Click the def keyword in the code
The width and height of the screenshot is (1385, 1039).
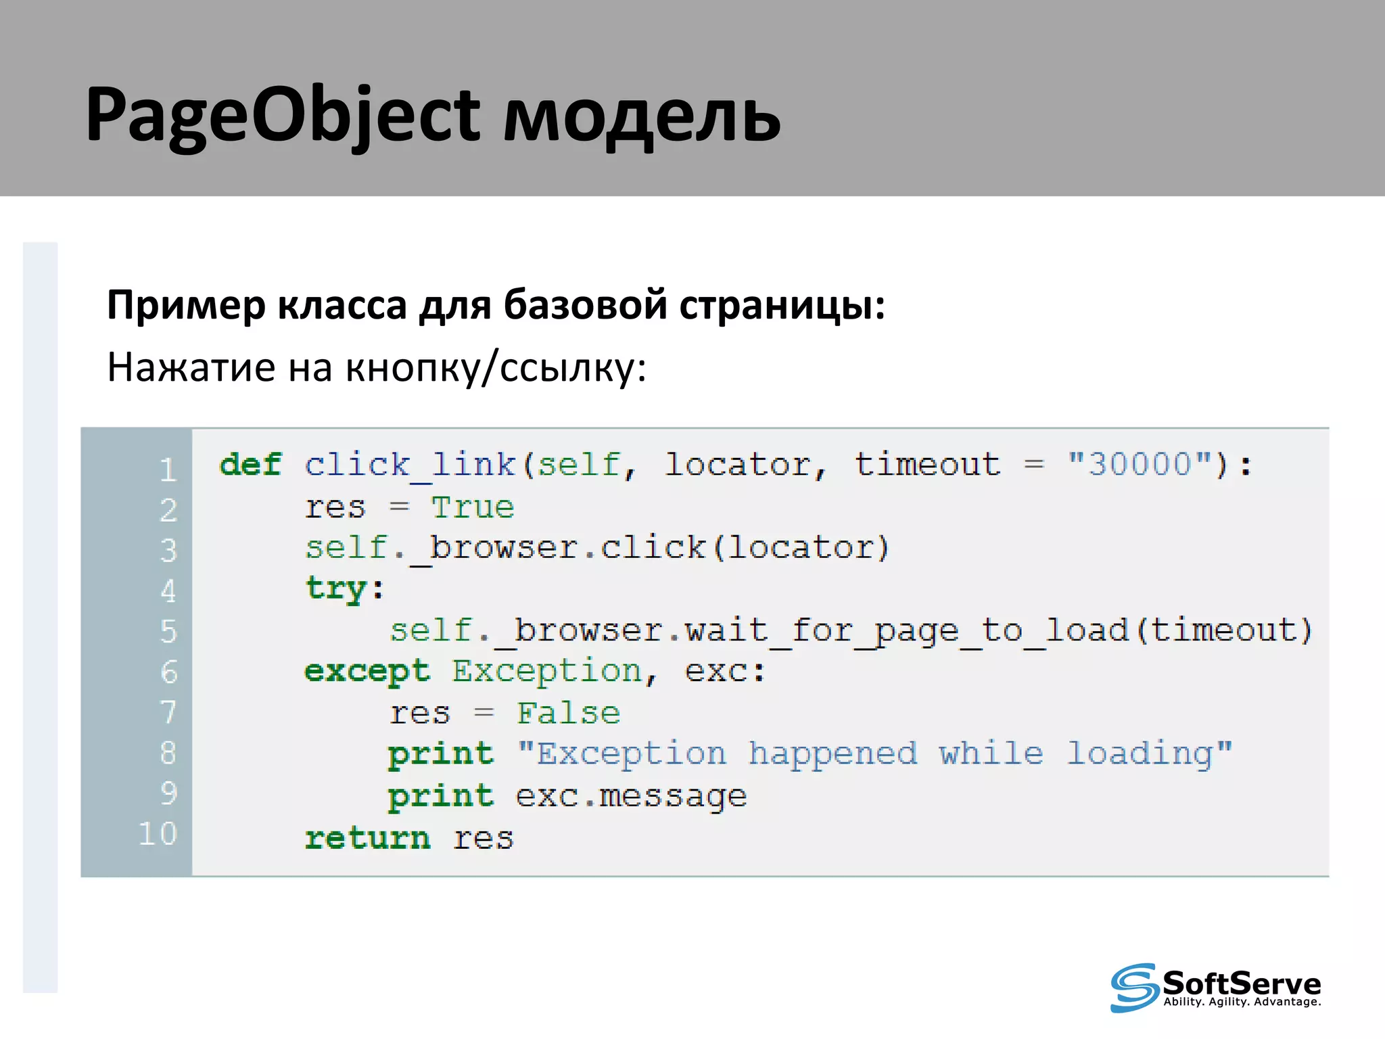tap(250, 465)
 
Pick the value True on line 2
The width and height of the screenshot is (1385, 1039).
tap(473, 507)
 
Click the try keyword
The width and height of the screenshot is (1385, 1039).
tap(336, 588)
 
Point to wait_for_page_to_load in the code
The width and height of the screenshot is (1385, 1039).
tap(906, 631)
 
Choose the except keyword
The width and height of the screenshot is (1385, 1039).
tap(367, 672)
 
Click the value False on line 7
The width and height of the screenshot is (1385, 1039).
tap(568, 714)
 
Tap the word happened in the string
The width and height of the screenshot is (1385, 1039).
tap(832, 754)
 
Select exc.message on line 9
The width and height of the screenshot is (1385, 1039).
tap(631, 796)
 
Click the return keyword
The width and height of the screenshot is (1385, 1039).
tap(367, 838)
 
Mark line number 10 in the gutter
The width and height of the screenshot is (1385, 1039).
tap(158, 834)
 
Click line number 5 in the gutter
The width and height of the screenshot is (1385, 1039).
tap(168, 632)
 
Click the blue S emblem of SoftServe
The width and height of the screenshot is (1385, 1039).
tap(1133, 988)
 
